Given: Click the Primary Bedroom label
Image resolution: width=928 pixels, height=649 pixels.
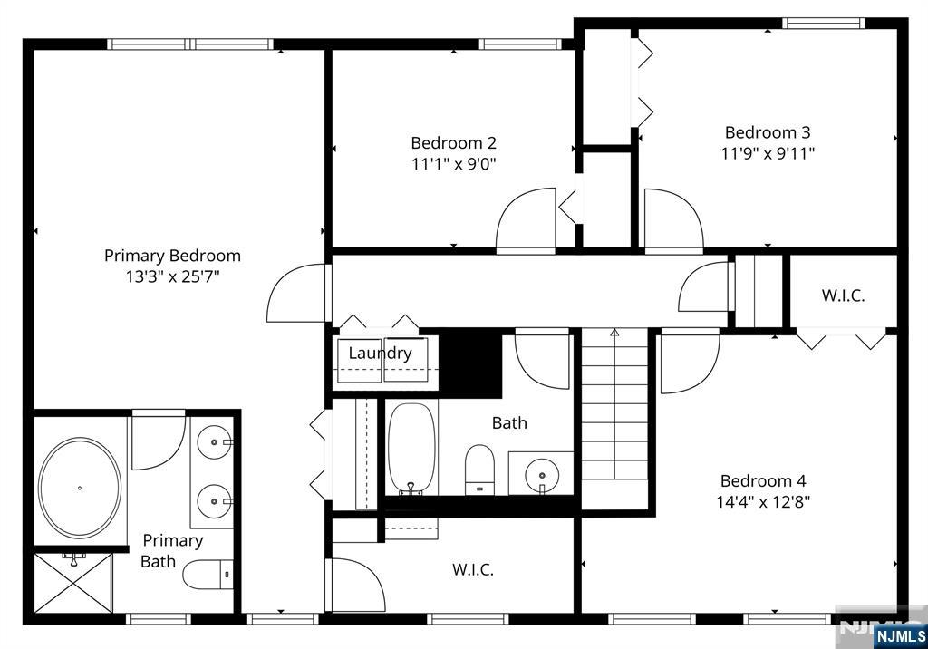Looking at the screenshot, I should [172, 256].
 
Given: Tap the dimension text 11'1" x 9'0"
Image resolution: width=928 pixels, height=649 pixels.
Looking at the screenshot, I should [453, 164].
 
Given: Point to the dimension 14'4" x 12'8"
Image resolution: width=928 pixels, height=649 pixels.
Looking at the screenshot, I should [765, 502].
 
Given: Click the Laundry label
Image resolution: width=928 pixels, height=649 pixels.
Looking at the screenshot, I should [380, 354].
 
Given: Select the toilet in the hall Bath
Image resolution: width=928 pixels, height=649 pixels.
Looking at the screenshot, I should [478, 470].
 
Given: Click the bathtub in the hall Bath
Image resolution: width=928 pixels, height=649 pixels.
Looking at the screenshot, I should [412, 449].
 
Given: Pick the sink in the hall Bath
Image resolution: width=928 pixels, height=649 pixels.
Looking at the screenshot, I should [541, 473].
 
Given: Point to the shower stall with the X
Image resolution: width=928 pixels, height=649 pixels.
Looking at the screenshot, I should [72, 582].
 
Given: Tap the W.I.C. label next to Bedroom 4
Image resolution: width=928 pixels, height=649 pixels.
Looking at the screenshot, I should [843, 295].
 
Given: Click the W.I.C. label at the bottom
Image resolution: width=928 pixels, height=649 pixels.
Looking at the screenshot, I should [473, 570].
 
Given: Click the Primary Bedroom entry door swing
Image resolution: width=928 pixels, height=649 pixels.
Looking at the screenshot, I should [297, 293].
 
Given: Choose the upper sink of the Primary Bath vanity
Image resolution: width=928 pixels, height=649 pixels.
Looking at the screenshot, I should [215, 442].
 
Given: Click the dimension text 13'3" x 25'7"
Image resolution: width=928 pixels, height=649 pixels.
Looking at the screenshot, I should [172, 276].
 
